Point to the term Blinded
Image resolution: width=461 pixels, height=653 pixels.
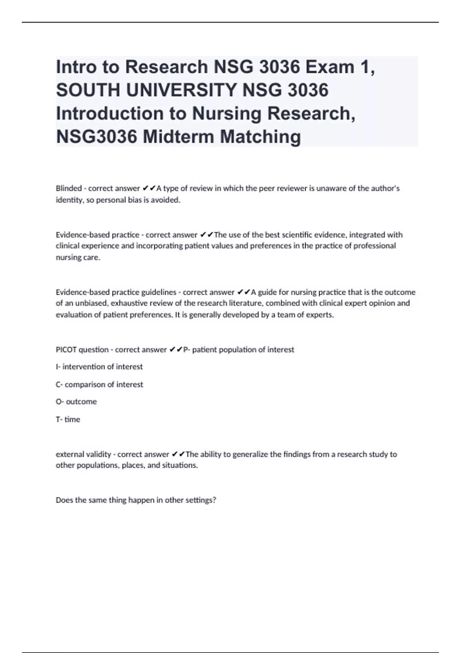tap(69, 188)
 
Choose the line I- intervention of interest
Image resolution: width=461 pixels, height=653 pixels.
tap(99, 367)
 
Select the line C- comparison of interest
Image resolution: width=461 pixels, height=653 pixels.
tap(99, 385)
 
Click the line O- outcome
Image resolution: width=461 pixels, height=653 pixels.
tap(76, 402)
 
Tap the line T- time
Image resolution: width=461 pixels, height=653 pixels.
tap(68, 419)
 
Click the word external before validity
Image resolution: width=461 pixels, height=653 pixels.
tap(70, 454)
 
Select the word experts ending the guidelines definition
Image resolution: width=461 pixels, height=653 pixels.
tap(320, 315)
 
